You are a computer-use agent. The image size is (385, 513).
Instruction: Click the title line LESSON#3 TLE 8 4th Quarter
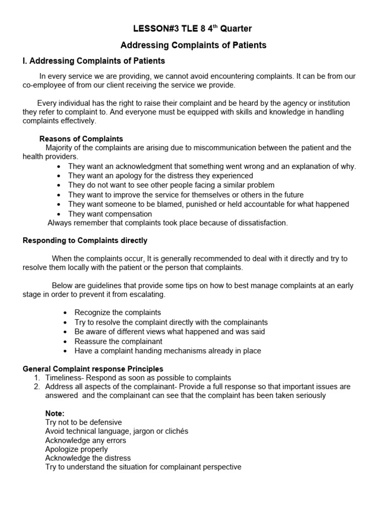tap(193, 29)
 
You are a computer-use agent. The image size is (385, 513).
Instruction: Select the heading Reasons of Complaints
tap(81, 139)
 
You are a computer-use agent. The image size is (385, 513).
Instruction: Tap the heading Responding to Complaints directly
tap(85, 240)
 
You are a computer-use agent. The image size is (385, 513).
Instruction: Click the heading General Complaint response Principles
tap(93, 369)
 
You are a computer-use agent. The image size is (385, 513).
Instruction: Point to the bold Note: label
tap(55, 413)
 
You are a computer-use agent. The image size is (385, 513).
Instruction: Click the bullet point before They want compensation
tap(60, 214)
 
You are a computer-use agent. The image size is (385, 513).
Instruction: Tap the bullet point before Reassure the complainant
tap(66, 342)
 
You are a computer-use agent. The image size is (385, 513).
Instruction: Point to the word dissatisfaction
tap(261, 223)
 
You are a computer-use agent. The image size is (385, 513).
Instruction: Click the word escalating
tap(147, 295)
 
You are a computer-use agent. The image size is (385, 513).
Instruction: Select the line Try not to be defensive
tap(83, 422)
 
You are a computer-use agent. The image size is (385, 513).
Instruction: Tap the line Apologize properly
tap(76, 449)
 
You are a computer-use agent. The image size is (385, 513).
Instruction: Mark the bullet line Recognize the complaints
tap(118, 313)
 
